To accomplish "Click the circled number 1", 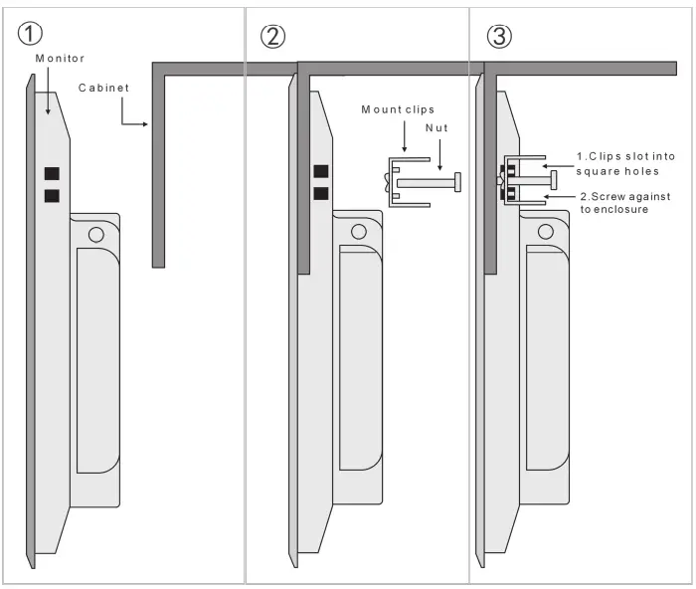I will tap(31, 34).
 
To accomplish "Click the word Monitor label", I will tap(61, 59).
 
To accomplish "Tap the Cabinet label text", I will tap(103, 89).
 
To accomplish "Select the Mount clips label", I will tap(398, 109).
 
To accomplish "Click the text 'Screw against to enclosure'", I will tap(627, 203).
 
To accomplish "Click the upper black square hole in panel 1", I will tap(51, 174).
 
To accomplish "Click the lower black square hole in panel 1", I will tap(51, 195).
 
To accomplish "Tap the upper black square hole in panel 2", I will tap(320, 171).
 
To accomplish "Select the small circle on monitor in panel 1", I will tap(95, 235).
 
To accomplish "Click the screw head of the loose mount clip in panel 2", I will tap(457, 182).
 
